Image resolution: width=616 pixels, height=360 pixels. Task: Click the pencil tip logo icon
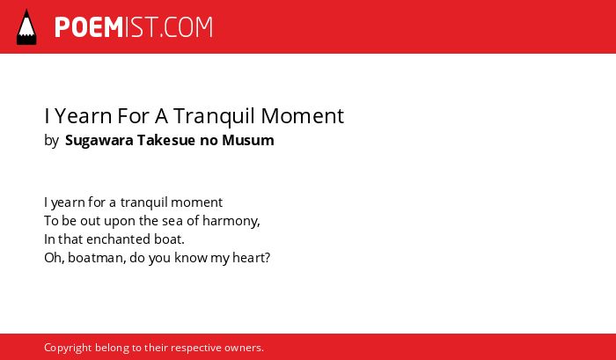(26, 26)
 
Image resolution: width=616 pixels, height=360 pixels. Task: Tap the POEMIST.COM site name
(134, 27)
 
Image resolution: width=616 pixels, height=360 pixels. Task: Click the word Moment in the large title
(303, 116)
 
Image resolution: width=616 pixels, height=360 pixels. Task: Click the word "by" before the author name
(51, 141)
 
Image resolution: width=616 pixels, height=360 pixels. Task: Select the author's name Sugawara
(99, 141)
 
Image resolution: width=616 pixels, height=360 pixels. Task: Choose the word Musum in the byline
(248, 140)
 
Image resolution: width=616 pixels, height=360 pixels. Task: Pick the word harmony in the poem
(231, 221)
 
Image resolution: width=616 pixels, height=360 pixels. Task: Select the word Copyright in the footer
(68, 349)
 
